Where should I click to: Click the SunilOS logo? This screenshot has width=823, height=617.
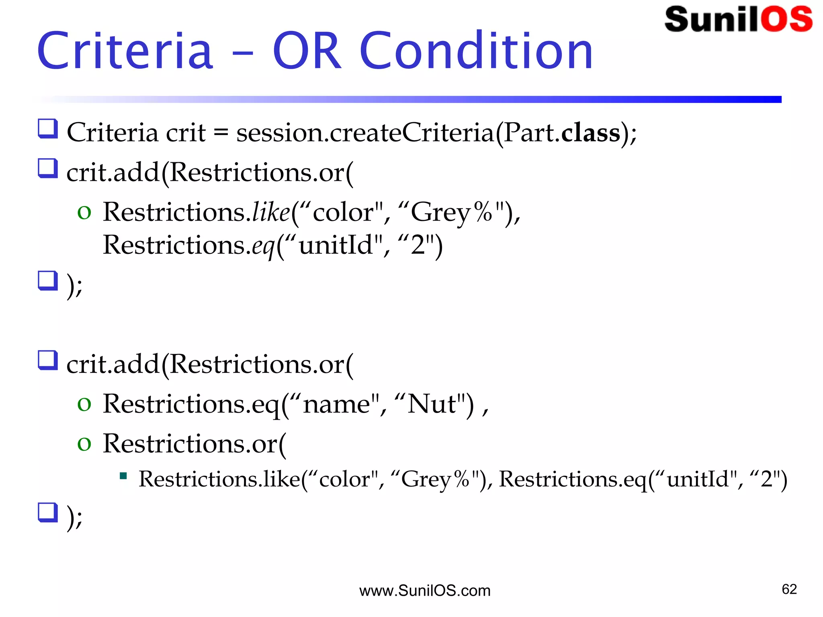[739, 19]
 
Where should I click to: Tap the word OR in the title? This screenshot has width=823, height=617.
[307, 51]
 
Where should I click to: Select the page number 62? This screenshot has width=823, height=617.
[789, 589]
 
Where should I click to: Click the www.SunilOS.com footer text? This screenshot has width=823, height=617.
[425, 591]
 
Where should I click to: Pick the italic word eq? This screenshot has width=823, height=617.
[263, 245]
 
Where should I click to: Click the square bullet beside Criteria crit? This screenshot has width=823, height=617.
[48, 129]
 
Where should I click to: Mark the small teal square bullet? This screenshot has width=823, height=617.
[123, 476]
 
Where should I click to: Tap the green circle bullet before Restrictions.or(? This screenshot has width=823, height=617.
[84, 444]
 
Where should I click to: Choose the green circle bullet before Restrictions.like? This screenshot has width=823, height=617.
[84, 212]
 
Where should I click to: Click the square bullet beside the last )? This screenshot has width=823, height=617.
[48, 513]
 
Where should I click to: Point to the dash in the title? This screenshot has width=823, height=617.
[243, 52]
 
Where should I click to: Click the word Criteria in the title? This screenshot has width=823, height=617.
[125, 51]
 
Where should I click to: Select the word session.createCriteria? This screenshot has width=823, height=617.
[365, 133]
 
